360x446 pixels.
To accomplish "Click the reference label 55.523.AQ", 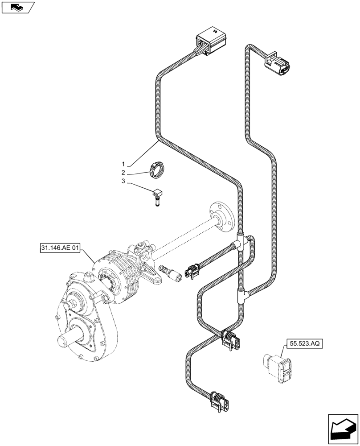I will pos(302,344).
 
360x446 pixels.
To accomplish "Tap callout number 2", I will pos(123,173).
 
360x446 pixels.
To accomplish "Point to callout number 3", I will pos(123,182).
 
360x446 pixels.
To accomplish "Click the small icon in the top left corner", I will pos(17,7).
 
